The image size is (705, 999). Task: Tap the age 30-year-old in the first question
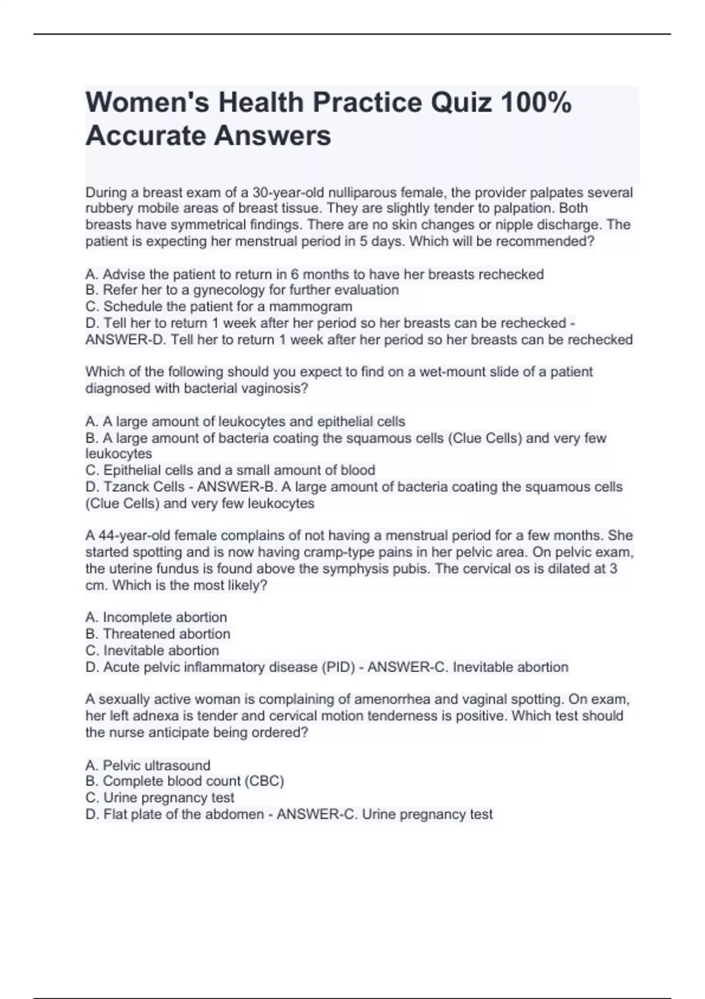288,193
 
